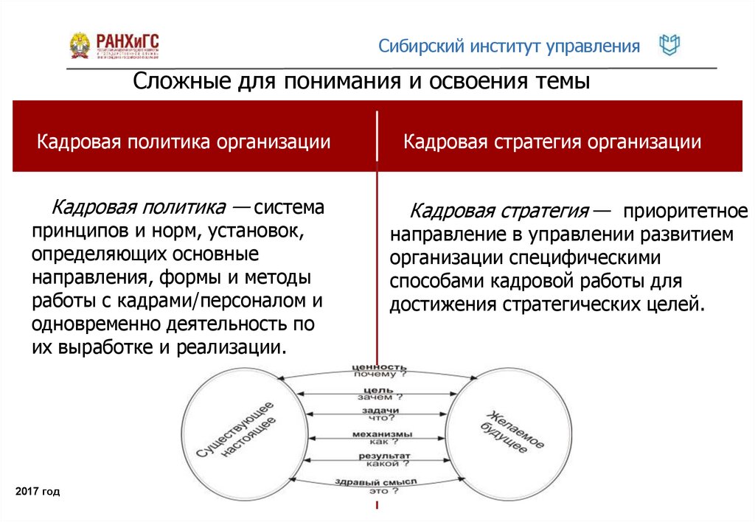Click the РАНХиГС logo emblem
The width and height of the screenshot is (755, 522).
click(x=80, y=46)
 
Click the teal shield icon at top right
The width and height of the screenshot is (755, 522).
click(x=669, y=46)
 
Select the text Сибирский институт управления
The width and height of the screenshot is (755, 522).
click(x=509, y=46)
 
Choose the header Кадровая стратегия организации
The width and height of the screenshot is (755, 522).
click(x=552, y=141)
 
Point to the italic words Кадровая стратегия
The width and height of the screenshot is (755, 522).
click(x=499, y=212)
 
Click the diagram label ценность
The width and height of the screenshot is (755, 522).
click(x=379, y=366)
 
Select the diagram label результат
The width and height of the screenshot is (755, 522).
click(x=379, y=456)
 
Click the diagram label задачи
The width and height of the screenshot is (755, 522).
click(x=380, y=411)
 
